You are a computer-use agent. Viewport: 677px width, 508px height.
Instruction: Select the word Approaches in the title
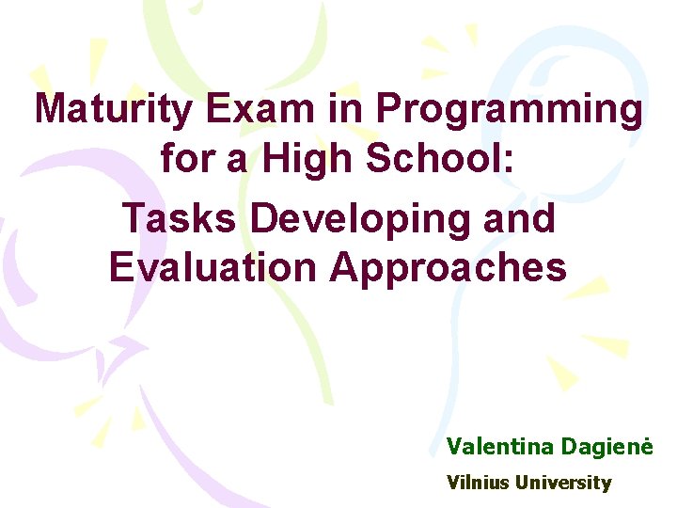pyautogui.click(x=449, y=269)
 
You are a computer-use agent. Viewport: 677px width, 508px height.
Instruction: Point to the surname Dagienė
pyautogui.click(x=606, y=446)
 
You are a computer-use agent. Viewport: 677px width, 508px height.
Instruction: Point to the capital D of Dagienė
pyautogui.click(x=567, y=445)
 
